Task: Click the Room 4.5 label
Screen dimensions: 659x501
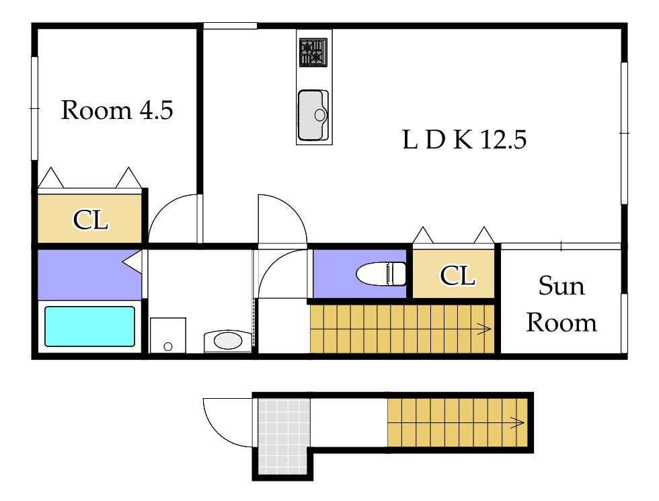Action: click(x=117, y=110)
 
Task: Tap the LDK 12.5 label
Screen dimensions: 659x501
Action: click(x=465, y=140)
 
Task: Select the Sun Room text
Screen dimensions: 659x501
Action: click(x=561, y=304)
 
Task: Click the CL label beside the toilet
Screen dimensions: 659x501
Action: click(x=458, y=276)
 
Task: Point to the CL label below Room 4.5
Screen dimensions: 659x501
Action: click(x=91, y=219)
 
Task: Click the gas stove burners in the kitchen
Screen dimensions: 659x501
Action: click(x=313, y=52)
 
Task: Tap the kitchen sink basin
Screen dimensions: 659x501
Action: click(x=313, y=115)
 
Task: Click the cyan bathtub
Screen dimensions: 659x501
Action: click(x=89, y=327)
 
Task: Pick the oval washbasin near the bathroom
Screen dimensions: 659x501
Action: click(x=228, y=341)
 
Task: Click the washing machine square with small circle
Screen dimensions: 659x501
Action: click(x=167, y=335)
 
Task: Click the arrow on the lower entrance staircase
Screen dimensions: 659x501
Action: click(x=517, y=422)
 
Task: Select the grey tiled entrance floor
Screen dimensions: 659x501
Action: click(x=284, y=436)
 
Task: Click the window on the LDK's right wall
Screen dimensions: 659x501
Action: click(x=624, y=133)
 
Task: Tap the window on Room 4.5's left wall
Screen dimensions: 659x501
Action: click(x=34, y=108)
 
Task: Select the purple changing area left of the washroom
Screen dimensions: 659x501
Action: click(x=89, y=275)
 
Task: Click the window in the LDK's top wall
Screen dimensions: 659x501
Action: click(x=230, y=26)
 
